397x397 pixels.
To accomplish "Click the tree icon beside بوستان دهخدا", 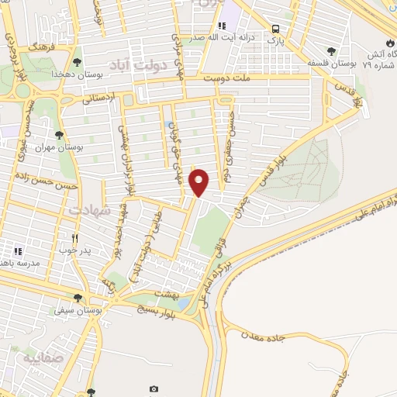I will click(76, 61).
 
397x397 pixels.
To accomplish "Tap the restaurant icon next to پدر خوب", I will click(74, 238).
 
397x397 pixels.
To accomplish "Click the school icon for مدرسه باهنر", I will click(18, 251).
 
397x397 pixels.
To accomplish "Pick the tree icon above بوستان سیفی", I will click(77, 298).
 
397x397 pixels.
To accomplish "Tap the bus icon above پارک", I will click(275, 30).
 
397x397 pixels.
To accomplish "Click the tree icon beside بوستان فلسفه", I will click(332, 51).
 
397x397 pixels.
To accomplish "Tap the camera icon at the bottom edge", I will click(154, 389).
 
